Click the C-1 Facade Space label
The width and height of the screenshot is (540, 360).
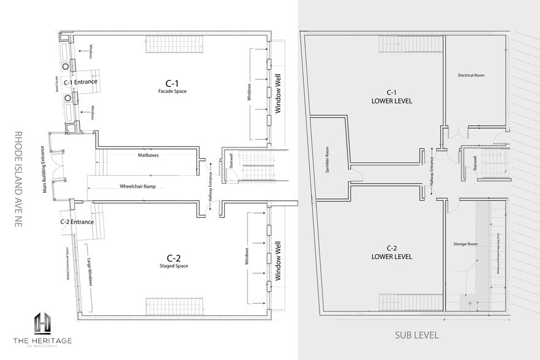pyautogui.click(x=171, y=86)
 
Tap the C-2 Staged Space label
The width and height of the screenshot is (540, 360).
pyautogui.click(x=172, y=260)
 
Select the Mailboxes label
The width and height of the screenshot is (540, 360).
pyautogui.click(x=148, y=156)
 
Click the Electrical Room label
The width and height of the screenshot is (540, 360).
pyautogui.click(x=471, y=75)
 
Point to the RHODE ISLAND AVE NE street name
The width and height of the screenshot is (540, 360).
pyautogui.click(x=18, y=179)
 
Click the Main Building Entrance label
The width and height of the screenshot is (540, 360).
pyautogui.click(x=44, y=169)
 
